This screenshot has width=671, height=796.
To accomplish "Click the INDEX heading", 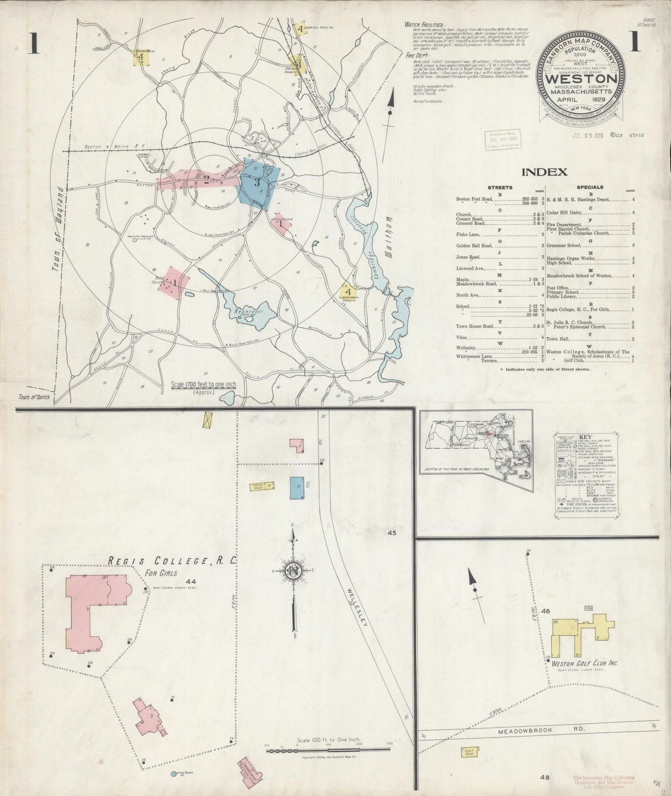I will coord(544,172).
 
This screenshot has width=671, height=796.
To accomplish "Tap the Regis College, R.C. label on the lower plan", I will coord(172,561).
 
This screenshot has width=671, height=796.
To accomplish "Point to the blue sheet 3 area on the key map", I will coord(258,184).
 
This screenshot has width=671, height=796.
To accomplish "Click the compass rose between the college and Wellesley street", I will coord(293,571).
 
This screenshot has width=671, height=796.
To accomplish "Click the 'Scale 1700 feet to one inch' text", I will coord(203,385).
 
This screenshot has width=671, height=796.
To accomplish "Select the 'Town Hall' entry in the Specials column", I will coord(556,339).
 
